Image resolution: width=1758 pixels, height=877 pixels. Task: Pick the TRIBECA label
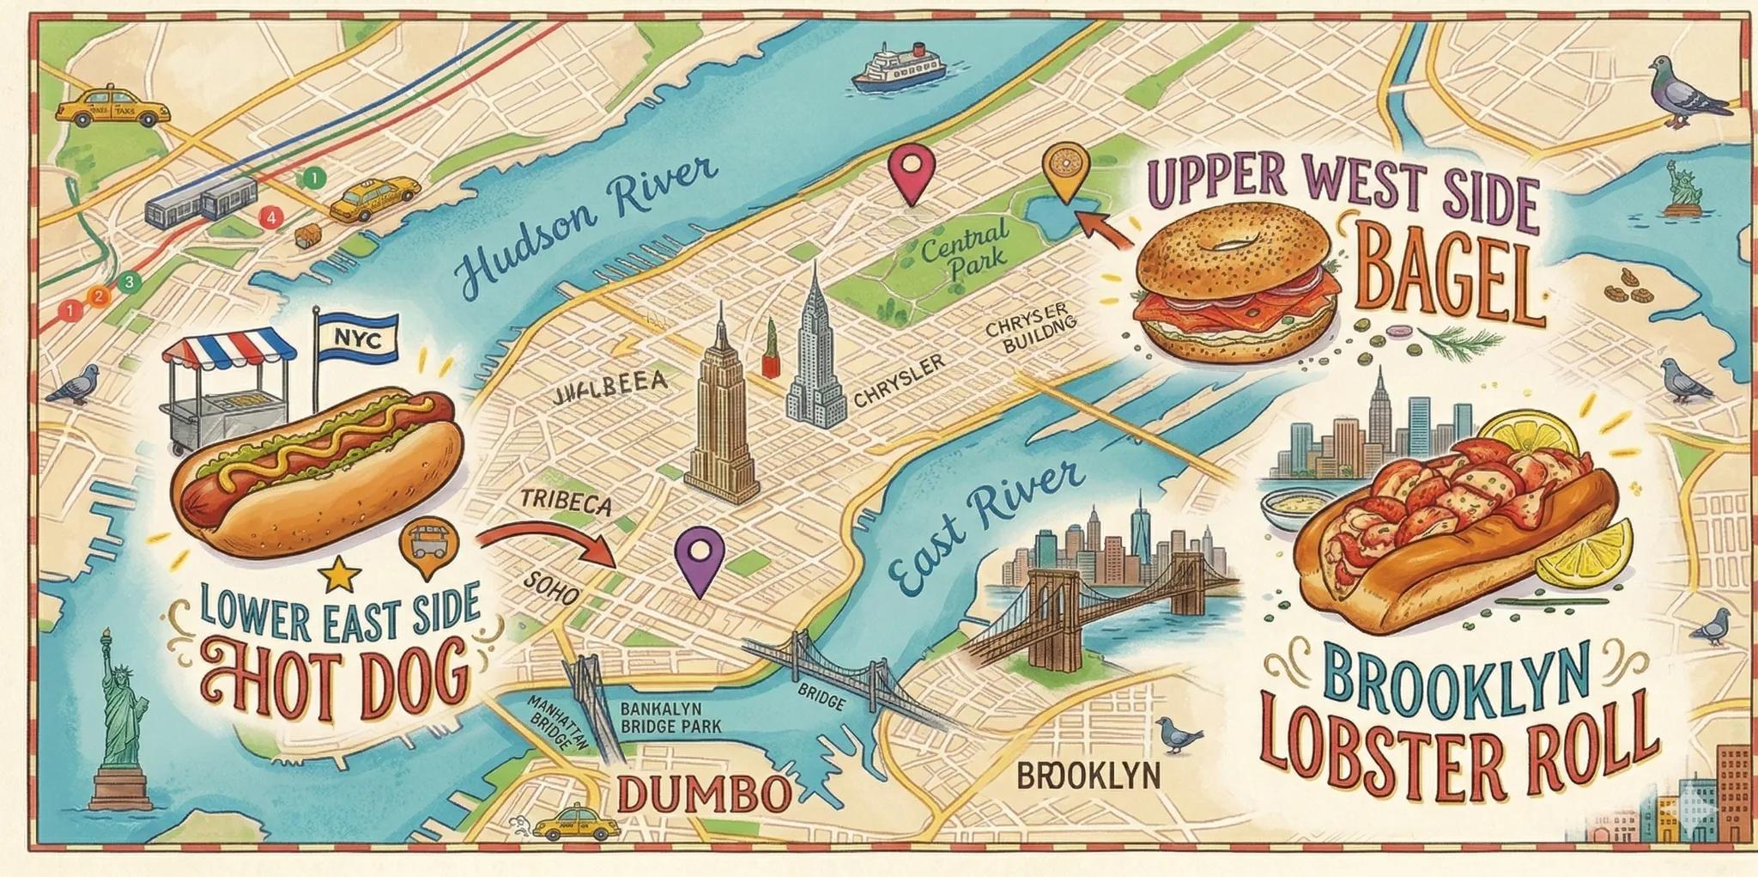[x=566, y=502]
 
